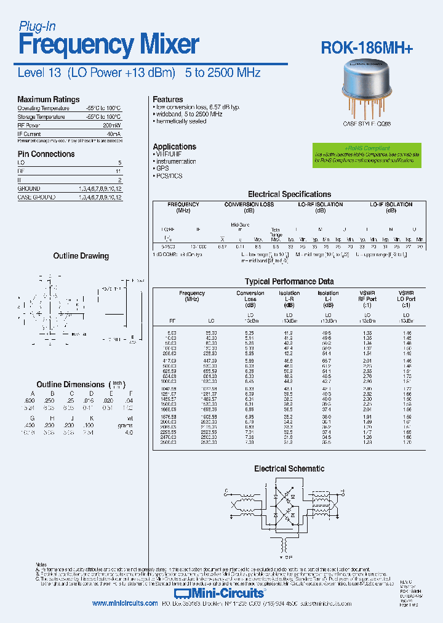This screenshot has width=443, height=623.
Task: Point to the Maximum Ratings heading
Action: pyautogui.click(x=48, y=99)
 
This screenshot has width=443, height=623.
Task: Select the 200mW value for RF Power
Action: pyautogui.click(x=113, y=125)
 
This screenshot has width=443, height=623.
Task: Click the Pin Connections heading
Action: pyautogui.click(x=46, y=154)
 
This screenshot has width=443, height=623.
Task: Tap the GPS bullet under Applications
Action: pyautogui.click(x=162, y=168)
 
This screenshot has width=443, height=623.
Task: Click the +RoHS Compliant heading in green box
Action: pyautogui.click(x=367, y=148)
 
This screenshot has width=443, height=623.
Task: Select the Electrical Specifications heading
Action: pyautogui.click(x=289, y=194)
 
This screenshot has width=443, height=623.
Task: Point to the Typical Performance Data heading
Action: pyautogui.click(x=289, y=281)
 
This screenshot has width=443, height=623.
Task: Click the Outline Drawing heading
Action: pyautogui.click(x=81, y=255)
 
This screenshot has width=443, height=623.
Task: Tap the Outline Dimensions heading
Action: pyautogui.click(x=71, y=384)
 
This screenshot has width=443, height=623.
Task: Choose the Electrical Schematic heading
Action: pyautogui.click(x=289, y=468)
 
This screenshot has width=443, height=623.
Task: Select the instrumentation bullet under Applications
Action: pyautogui.click(x=176, y=161)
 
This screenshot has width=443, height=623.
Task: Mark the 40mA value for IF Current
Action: pyautogui.click(x=113, y=134)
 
